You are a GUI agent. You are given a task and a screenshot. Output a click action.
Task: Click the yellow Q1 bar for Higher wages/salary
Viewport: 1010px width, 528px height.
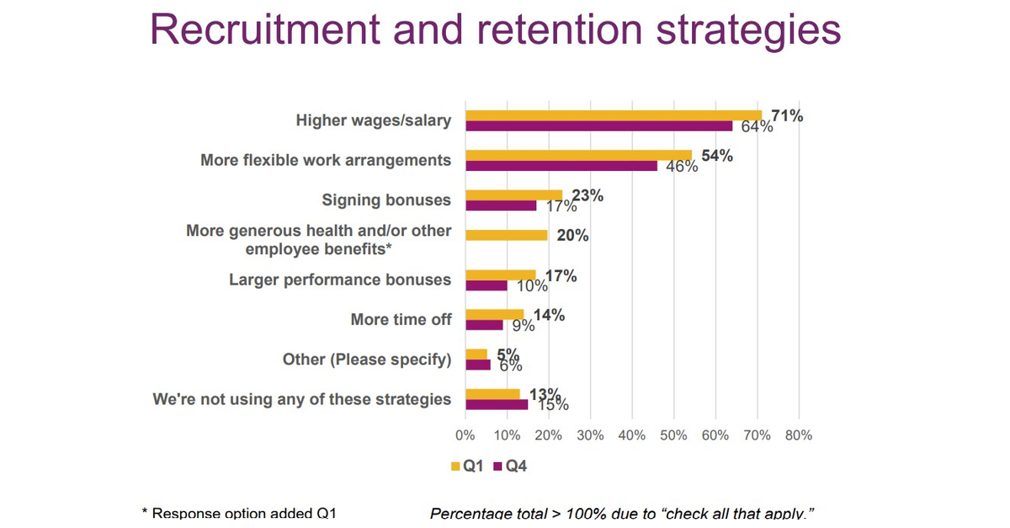pyautogui.click(x=613, y=115)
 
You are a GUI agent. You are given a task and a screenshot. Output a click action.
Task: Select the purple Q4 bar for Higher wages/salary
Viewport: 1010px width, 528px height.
pyautogui.click(x=598, y=126)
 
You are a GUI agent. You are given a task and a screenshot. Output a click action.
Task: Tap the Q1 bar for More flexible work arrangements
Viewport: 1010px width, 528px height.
pyautogui.click(x=578, y=155)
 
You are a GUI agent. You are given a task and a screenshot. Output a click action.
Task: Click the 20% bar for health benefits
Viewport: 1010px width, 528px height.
pyautogui.click(x=506, y=235)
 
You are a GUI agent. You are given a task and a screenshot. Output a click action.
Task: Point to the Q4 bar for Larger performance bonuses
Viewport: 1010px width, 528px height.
pyautogui.click(x=486, y=285)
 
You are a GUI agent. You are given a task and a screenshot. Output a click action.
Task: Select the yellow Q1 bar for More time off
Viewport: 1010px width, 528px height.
pyautogui.click(x=494, y=314)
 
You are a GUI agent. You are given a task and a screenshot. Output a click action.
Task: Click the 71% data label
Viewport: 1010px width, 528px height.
pyautogui.click(x=787, y=116)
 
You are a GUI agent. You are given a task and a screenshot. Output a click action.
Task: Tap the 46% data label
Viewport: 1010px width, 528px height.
pyautogui.click(x=682, y=167)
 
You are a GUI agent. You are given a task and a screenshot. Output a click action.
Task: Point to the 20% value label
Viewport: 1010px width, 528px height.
pyautogui.click(x=572, y=236)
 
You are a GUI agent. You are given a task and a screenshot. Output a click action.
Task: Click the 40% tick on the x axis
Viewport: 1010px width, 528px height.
pyautogui.click(x=631, y=435)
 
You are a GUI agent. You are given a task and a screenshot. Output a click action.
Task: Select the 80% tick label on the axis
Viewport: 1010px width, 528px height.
pyautogui.click(x=798, y=435)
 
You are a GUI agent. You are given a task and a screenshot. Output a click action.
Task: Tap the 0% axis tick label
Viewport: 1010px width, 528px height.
pyautogui.click(x=465, y=435)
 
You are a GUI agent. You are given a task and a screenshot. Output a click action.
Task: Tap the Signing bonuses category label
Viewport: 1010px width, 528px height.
pyautogui.click(x=386, y=200)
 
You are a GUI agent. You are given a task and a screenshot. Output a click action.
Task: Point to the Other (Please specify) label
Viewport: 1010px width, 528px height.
pyautogui.click(x=367, y=360)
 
